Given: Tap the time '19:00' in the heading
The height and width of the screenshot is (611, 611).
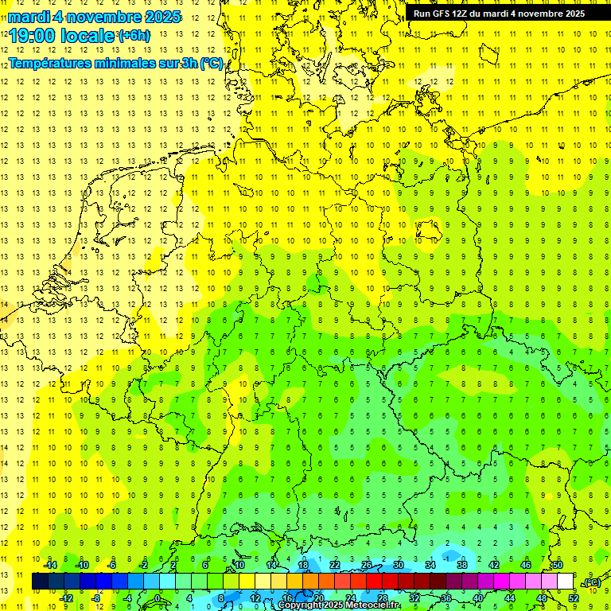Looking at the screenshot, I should pos(33,36).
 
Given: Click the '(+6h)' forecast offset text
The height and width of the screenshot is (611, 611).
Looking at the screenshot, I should pos(133,36).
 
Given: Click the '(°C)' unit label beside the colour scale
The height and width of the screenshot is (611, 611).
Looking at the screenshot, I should pos(592,583).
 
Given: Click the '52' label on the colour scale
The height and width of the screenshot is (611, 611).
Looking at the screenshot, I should pos(574,598).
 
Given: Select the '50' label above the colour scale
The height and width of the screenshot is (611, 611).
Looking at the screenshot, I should pos(558,565).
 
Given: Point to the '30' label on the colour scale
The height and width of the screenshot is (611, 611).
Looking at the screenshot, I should pos(399,565).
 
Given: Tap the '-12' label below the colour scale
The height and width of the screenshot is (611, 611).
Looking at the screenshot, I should pos(67,598).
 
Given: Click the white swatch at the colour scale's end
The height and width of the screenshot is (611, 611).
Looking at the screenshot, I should pos(566,582).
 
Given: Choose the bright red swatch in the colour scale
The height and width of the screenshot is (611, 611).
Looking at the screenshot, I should pos(375,582).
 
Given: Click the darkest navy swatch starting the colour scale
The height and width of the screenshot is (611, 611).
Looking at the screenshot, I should pos(40,582).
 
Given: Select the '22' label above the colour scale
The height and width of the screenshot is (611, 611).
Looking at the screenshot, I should pos(335,565).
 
